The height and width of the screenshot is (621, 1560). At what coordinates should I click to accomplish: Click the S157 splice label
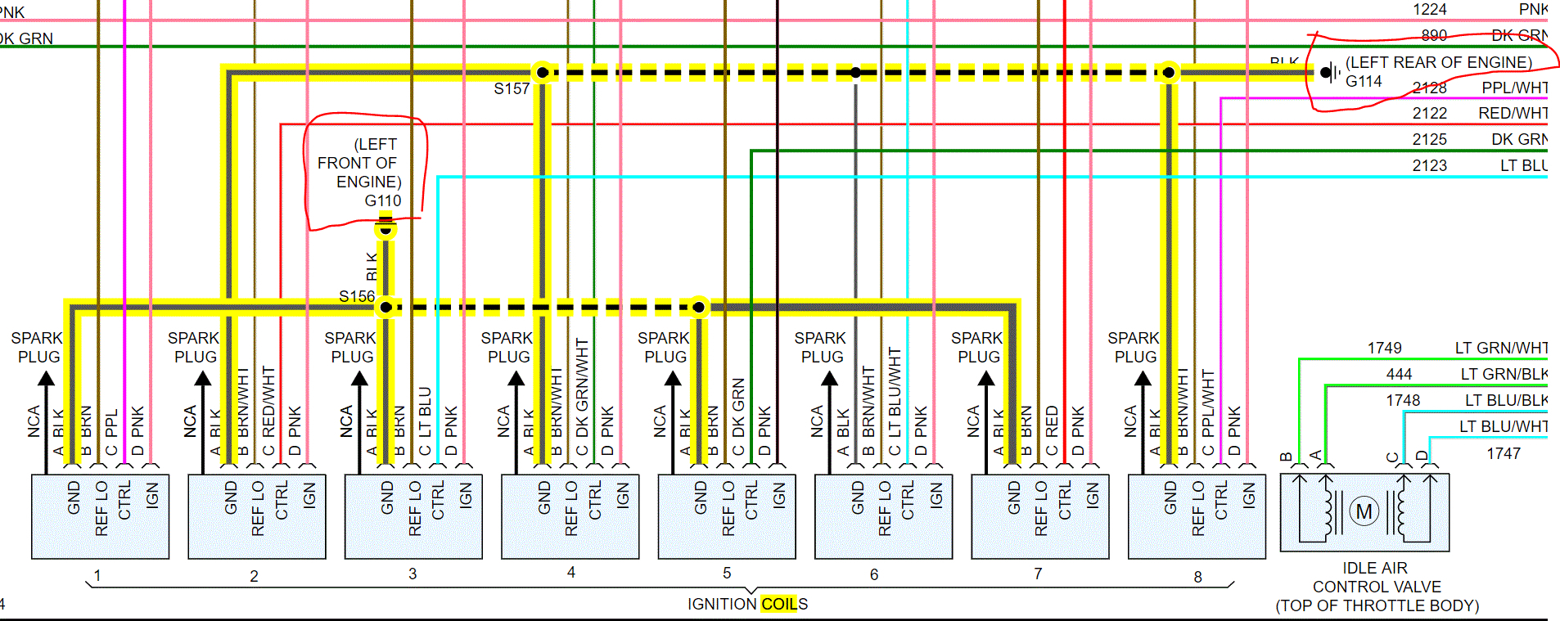pos(512,88)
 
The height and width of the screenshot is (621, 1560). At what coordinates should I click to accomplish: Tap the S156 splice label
pos(357,296)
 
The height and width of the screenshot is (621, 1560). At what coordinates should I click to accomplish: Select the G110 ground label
pos(383,200)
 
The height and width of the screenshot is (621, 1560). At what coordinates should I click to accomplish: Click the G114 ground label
pos(1364,81)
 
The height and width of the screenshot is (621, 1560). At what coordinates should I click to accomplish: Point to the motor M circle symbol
pos(1364,512)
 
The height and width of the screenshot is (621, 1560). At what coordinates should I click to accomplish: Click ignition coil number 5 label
pos(727,573)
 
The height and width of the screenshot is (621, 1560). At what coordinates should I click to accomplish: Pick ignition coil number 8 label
pos(1197,577)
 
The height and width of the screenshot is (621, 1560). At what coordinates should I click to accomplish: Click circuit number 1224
pos(1429,9)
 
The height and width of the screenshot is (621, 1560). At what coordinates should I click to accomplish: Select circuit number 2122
pos(1429,113)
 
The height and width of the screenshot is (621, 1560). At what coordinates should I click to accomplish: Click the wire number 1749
pos(1384,348)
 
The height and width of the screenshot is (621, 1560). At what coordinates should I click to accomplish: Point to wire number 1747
pos(1504,453)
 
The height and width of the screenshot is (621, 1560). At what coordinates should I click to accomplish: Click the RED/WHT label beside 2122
pos(1513,113)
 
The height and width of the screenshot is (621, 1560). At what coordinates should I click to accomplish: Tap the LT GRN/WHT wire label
pos(1501,348)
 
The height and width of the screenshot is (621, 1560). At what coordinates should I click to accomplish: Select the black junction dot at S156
pos(385,308)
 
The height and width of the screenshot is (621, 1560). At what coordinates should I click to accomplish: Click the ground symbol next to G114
pos(1329,73)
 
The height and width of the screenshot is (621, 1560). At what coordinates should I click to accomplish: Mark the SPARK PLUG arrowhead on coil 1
pos(47,379)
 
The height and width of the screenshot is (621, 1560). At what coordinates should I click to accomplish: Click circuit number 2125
pos(1429,139)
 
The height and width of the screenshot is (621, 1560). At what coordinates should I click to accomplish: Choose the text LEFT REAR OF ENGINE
pos(1439,62)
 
